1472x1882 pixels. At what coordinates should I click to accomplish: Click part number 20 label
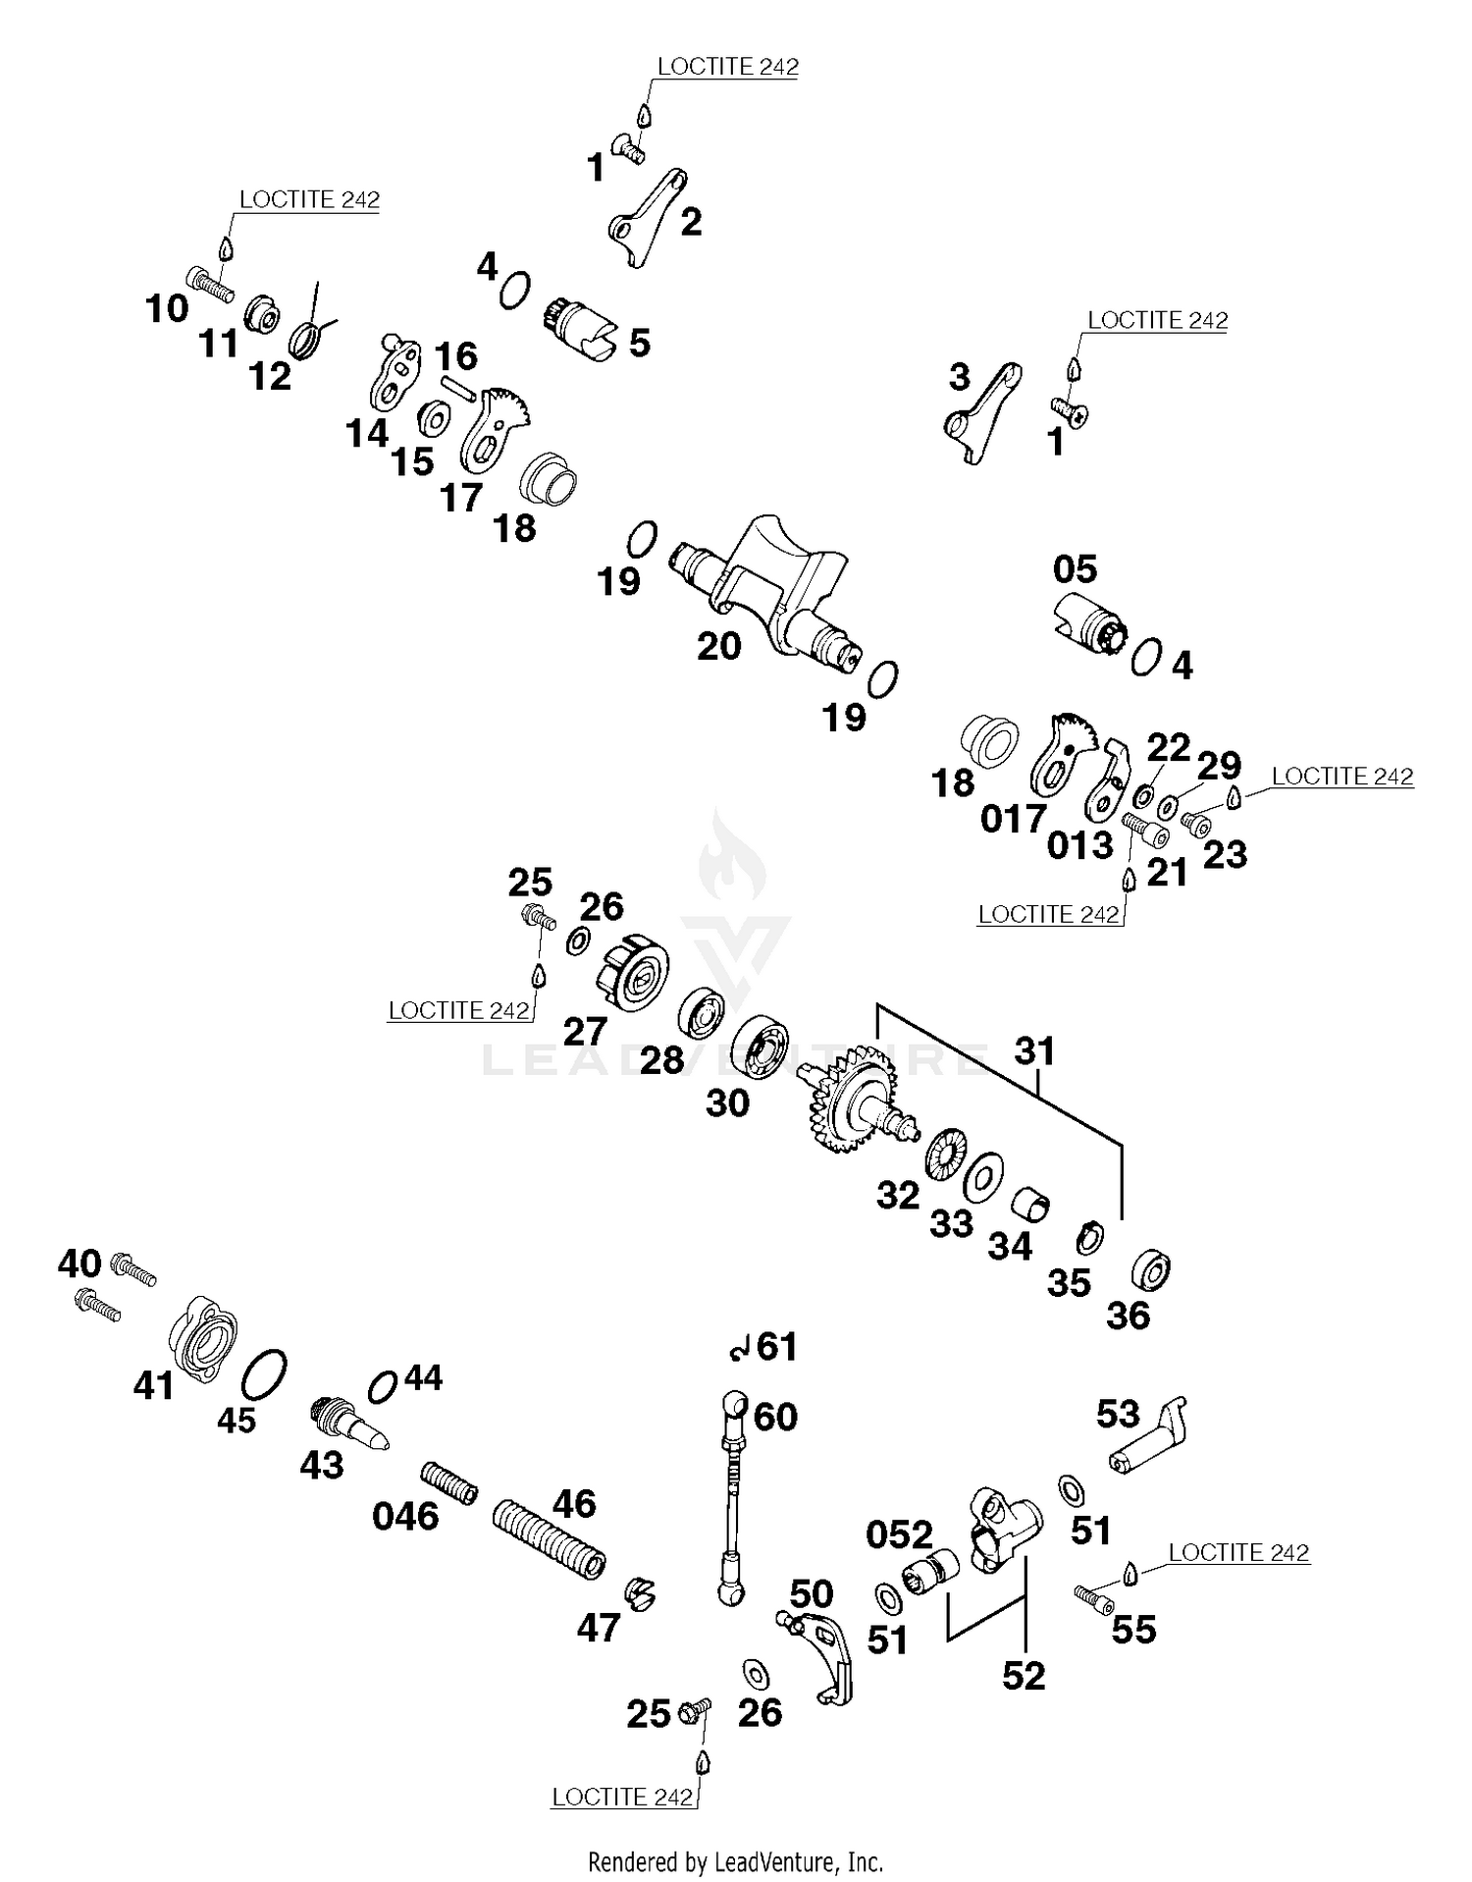tap(718, 646)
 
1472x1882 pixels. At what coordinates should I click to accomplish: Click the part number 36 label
tap(1128, 1316)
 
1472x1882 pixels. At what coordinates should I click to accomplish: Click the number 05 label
tap(1075, 569)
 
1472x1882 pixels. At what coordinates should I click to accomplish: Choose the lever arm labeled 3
tap(981, 413)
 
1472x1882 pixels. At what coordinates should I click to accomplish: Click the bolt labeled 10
tap(207, 284)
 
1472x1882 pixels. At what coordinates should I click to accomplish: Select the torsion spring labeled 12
tap(309, 336)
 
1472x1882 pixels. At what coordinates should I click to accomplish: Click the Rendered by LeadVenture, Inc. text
tap(735, 1860)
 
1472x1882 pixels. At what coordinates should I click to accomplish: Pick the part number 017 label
tap(1014, 818)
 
